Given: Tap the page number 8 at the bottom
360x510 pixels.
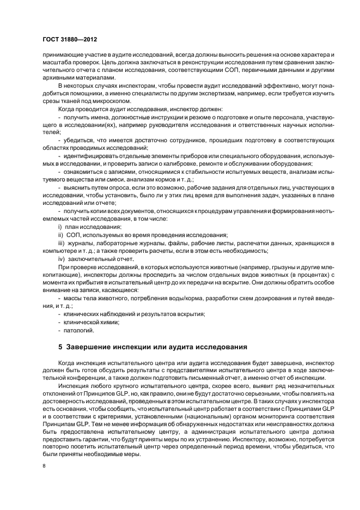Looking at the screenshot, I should click(x=44, y=466).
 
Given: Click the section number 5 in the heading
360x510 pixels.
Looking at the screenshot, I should click(x=60, y=347).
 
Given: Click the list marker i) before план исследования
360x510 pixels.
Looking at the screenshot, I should click(x=60, y=226).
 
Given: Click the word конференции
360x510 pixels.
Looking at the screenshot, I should click(x=82, y=378).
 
